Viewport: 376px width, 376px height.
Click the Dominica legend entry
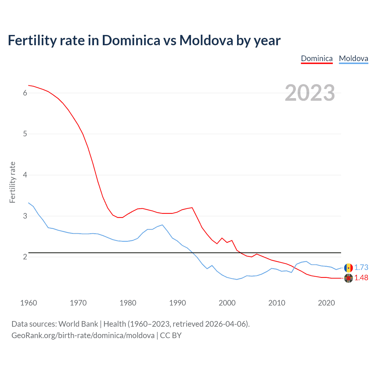[317, 58]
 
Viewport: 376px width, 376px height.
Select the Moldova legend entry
[353, 58]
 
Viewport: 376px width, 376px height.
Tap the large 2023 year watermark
[310, 93]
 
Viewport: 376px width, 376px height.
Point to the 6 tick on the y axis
[25, 93]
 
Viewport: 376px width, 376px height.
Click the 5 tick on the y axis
[25, 134]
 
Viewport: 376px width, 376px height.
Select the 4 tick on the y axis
[25, 175]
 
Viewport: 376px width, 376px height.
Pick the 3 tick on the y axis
[25, 216]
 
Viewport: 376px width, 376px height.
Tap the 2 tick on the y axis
[25, 257]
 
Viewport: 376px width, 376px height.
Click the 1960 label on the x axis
[28, 303]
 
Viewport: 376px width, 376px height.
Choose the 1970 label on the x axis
[78, 303]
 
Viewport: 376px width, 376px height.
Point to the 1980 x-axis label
[128, 303]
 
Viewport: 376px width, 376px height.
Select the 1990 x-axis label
[177, 303]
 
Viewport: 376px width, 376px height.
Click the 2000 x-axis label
[227, 303]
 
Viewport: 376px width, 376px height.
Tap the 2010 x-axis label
[277, 303]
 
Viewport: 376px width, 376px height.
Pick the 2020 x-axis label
[326, 303]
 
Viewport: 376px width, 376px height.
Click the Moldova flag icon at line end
[348, 268]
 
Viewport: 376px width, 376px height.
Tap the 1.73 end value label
[361, 268]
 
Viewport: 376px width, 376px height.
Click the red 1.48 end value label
[361, 278]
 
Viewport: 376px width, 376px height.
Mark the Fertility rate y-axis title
[12, 182]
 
